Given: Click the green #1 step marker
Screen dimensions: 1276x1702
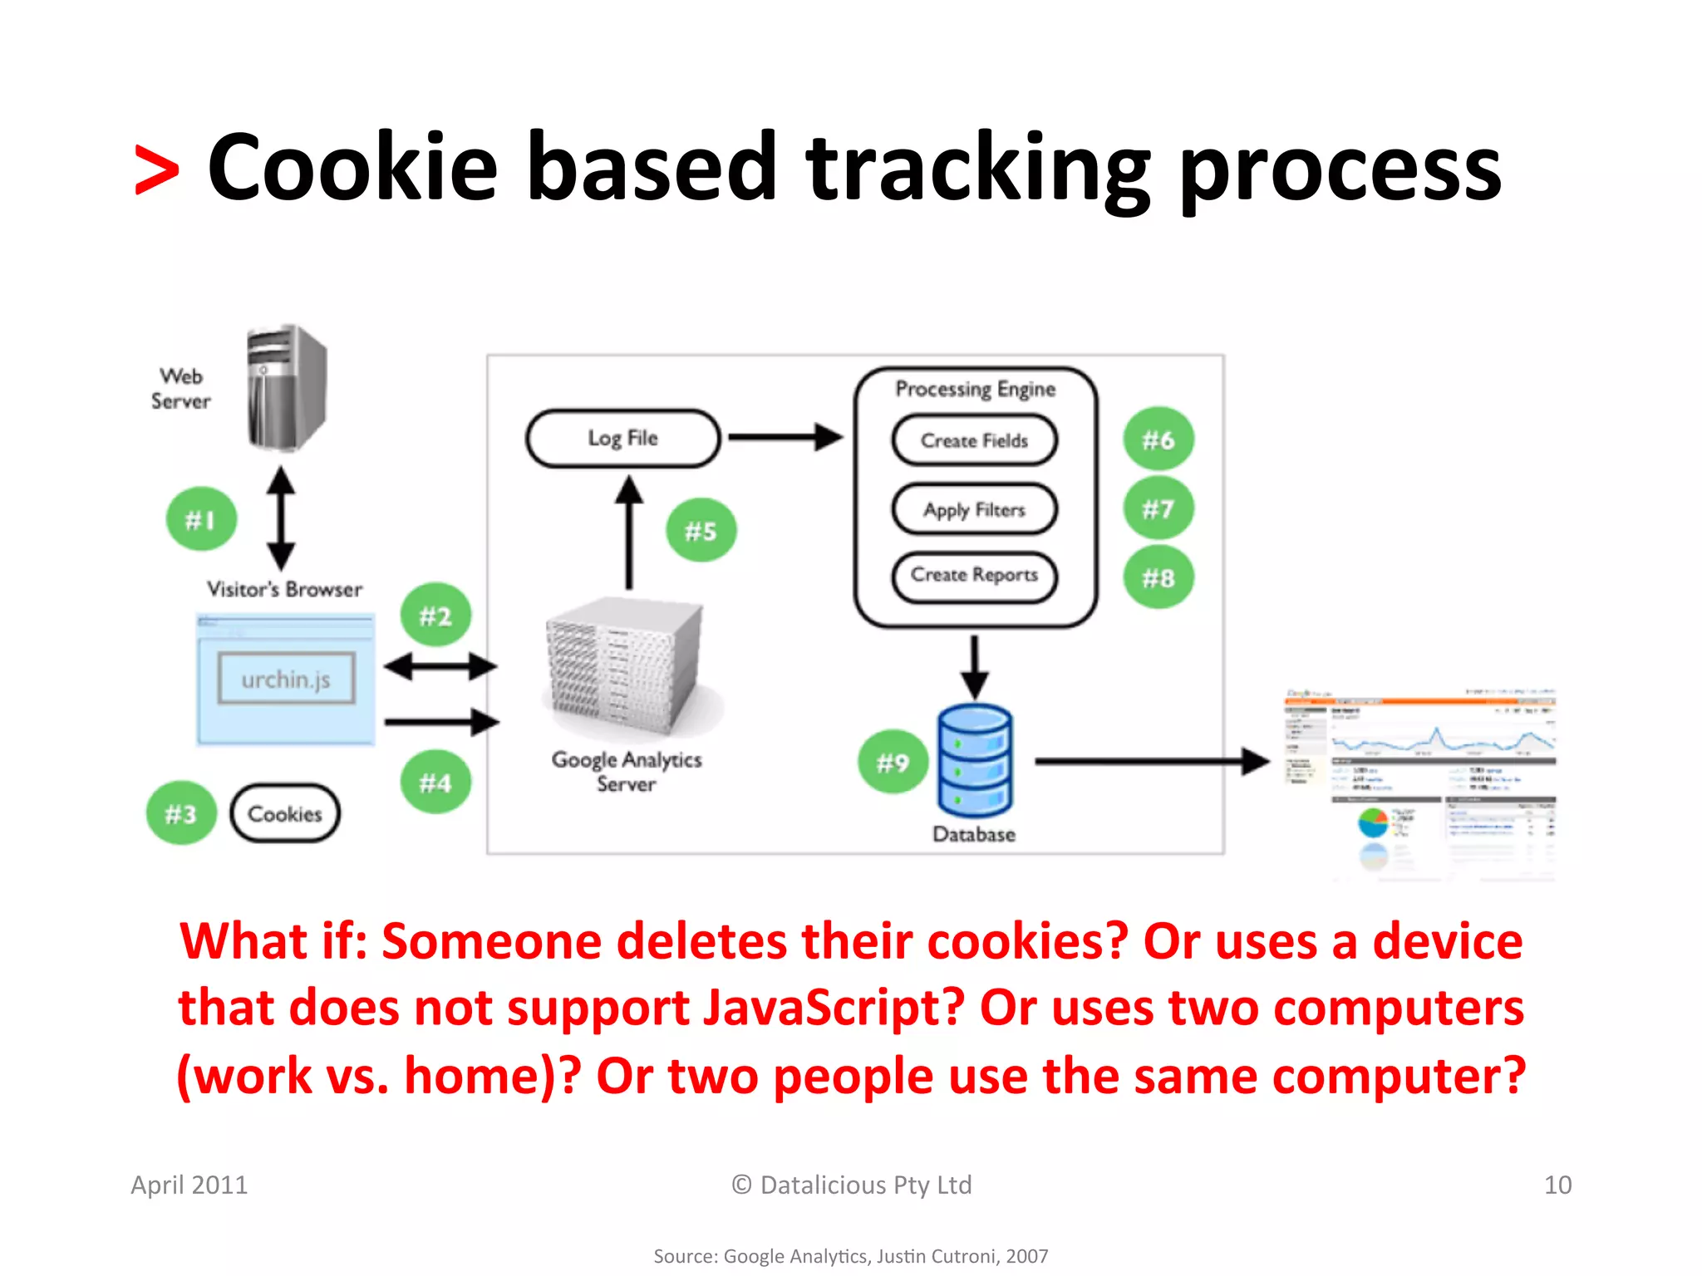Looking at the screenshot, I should [x=201, y=519].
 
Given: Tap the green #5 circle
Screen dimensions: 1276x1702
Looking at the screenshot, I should [x=701, y=530].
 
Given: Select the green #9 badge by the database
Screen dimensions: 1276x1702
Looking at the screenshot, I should [x=893, y=762].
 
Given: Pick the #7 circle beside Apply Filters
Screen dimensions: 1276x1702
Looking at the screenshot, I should [x=1158, y=508].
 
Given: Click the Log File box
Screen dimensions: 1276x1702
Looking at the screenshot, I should [x=622, y=438].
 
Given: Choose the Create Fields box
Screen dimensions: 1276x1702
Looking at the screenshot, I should [x=974, y=440].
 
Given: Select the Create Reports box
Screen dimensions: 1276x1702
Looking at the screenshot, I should [x=974, y=575].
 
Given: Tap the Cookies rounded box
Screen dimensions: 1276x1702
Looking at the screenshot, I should [x=285, y=813].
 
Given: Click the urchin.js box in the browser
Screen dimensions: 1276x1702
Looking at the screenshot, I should [x=286, y=679].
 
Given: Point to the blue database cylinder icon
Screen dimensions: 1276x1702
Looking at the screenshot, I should [x=974, y=760].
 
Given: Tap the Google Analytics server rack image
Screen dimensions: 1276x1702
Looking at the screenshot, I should [x=625, y=669].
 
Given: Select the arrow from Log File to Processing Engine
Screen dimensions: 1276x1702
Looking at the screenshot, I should [x=785, y=437].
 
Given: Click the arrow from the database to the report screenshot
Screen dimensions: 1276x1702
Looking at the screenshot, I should [x=1151, y=760].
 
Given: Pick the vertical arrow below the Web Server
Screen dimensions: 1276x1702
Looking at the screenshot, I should [x=281, y=518].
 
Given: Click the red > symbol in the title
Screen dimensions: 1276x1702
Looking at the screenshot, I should [x=156, y=170].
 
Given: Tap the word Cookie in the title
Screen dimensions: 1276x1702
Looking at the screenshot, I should [x=352, y=169].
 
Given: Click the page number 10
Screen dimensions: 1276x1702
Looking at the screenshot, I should [x=1557, y=1185].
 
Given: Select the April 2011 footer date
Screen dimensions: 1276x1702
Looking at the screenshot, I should [x=189, y=1185].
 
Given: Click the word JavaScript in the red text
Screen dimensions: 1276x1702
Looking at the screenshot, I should [x=833, y=1008].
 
